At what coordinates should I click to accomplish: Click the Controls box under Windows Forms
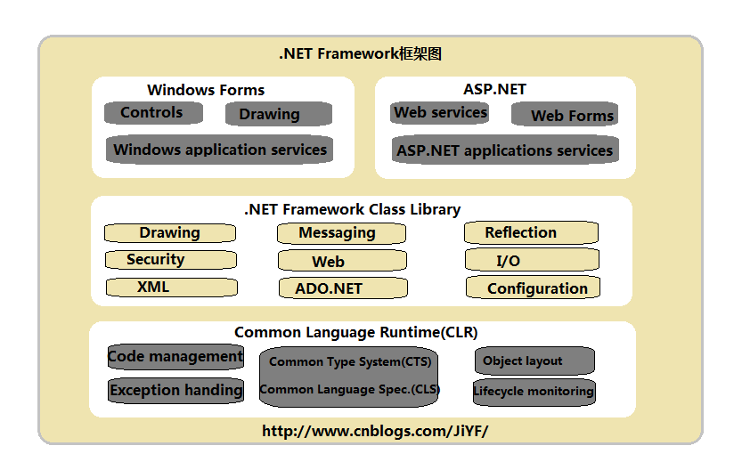click(153, 113)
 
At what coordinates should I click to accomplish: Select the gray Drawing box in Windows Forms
click(278, 114)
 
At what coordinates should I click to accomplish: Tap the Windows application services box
click(219, 150)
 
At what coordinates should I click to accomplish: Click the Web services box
click(440, 113)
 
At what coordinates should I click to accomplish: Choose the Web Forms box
click(565, 115)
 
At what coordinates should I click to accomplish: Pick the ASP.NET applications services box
click(505, 150)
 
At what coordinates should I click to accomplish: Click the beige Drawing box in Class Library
click(170, 233)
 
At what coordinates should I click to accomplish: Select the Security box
click(171, 260)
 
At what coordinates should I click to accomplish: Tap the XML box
click(172, 288)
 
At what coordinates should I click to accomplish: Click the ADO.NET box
click(342, 288)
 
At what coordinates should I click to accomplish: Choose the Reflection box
click(531, 233)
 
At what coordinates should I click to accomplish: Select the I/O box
click(532, 261)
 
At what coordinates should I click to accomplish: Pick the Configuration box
click(533, 288)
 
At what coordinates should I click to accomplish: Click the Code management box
click(175, 357)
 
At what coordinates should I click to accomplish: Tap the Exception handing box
click(176, 390)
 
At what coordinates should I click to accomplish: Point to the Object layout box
click(534, 361)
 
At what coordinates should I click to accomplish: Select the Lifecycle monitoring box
click(534, 392)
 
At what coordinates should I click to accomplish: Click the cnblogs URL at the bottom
click(375, 431)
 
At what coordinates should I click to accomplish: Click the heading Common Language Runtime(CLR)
click(356, 333)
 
